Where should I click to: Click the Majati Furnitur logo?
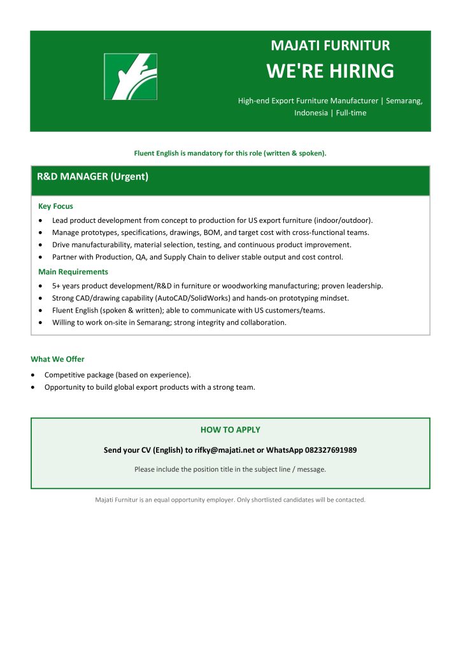click(x=131, y=76)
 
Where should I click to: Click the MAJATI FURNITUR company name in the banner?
click(x=330, y=46)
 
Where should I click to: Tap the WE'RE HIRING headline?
click(x=330, y=71)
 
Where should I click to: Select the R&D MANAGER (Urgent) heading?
click(x=92, y=177)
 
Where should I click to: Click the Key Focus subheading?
click(x=55, y=206)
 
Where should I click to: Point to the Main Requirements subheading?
click(x=73, y=272)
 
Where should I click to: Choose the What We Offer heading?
click(x=57, y=359)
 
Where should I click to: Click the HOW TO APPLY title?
click(x=230, y=430)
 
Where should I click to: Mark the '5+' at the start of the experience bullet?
click(x=57, y=286)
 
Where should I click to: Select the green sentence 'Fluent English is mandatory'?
click(x=230, y=153)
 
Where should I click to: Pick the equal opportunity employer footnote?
click(x=230, y=500)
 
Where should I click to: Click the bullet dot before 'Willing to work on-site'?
click(x=41, y=322)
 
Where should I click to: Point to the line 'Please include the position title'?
click(x=230, y=469)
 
